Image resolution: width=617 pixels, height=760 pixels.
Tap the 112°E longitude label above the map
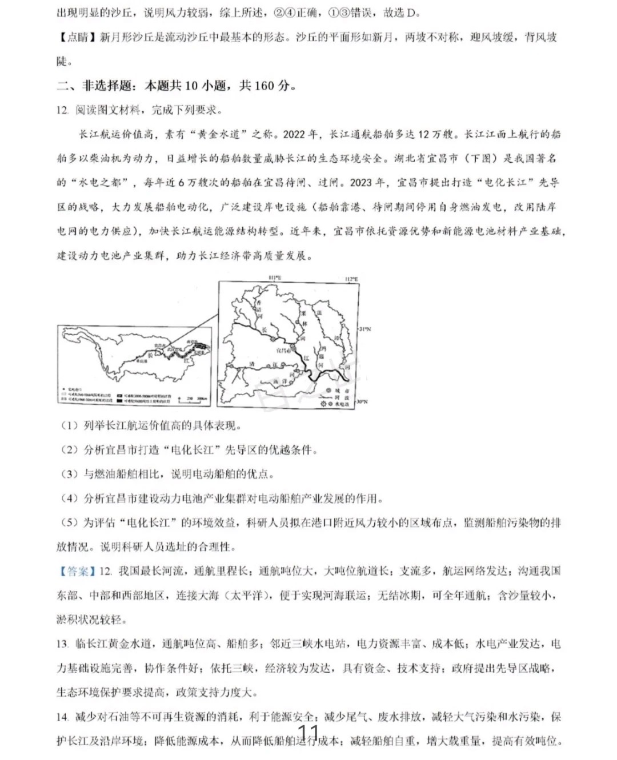click(x=351, y=279)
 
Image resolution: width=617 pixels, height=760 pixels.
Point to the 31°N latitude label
click(x=364, y=329)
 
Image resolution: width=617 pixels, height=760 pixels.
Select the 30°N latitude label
click(x=362, y=402)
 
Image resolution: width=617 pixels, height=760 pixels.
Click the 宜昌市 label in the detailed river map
click(x=284, y=349)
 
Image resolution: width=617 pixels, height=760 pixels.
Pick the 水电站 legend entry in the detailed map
click(x=336, y=404)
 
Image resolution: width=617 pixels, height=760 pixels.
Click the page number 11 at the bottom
click(x=308, y=733)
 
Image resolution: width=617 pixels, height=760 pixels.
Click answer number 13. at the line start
click(x=63, y=644)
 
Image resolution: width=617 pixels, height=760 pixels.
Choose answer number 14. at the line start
click(x=63, y=717)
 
